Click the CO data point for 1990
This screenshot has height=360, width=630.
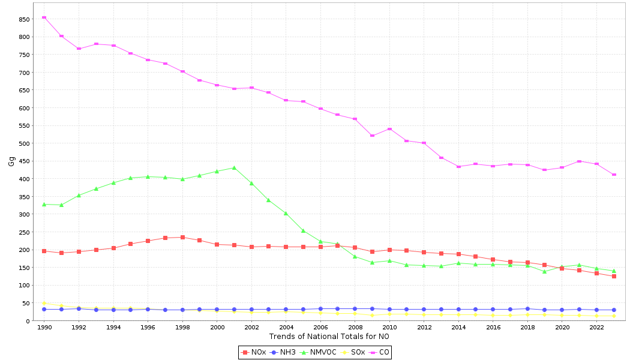(44, 17)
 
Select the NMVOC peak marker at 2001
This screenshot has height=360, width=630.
(234, 168)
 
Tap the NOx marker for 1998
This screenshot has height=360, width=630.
(182, 237)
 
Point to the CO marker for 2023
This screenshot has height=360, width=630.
(614, 175)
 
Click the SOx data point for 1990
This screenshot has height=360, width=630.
(44, 304)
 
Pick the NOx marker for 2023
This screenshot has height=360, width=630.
(614, 276)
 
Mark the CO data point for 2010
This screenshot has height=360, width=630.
(389, 129)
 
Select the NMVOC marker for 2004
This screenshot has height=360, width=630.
(286, 213)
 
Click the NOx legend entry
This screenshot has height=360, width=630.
(254, 352)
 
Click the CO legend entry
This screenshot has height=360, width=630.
(380, 352)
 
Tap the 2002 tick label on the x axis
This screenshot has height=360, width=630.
(251, 328)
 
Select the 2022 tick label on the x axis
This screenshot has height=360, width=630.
(596, 328)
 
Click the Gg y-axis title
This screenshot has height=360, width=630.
(11, 161)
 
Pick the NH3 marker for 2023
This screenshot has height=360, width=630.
(614, 310)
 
